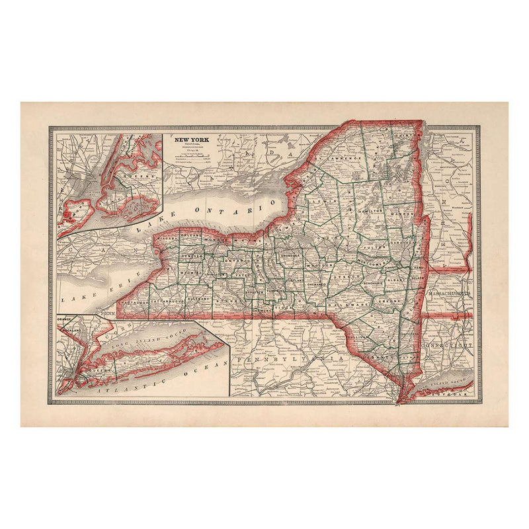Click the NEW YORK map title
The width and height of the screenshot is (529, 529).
pos(190,140)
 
